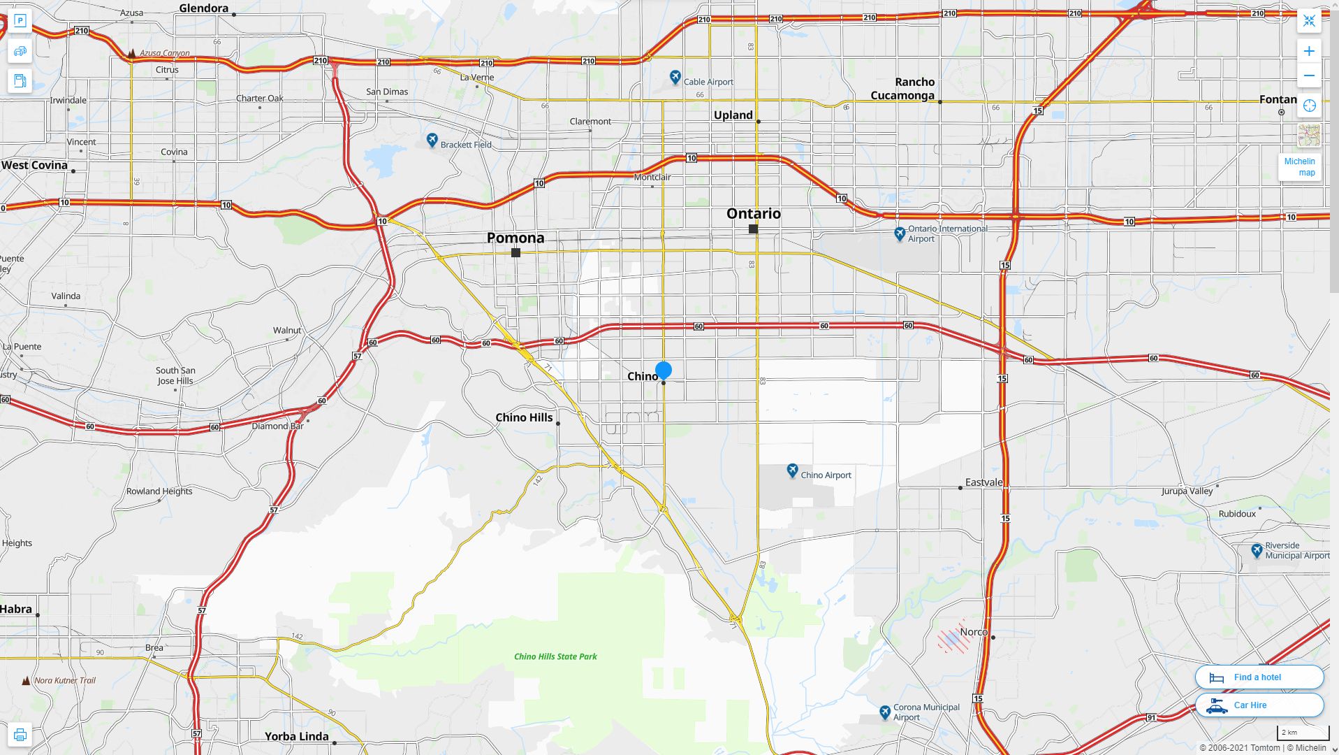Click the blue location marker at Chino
664,370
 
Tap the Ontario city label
754,213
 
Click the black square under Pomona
515,252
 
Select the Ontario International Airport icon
900,233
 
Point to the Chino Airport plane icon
792,470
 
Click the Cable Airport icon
675,77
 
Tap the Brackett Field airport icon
432,141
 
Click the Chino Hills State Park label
555,656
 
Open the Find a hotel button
1259,677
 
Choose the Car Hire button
1259,705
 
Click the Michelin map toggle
1299,167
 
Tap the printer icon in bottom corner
20,735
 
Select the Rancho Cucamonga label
903,89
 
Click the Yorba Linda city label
296,736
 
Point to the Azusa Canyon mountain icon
131,53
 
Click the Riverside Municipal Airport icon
1257,550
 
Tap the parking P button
20,21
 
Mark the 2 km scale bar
1302,733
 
